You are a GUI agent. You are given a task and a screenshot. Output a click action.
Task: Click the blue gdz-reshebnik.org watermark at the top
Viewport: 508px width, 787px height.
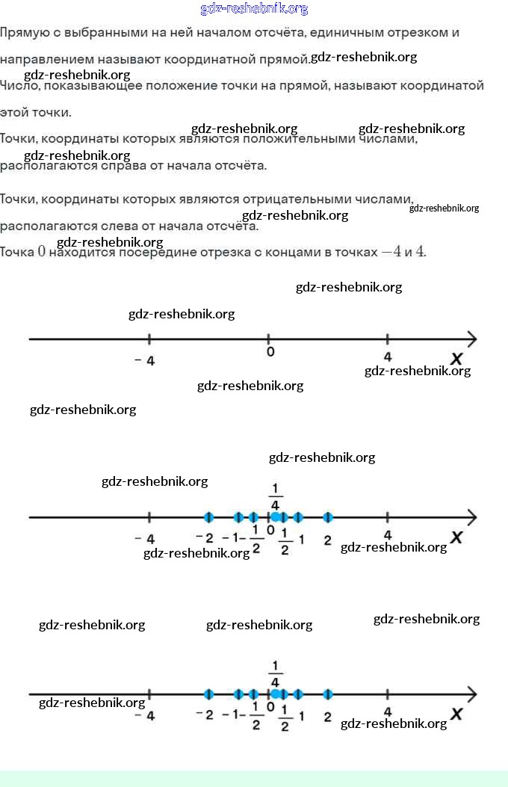pyautogui.click(x=254, y=9)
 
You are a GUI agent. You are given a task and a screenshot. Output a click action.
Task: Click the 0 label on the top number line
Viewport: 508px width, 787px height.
pyautogui.click(x=270, y=352)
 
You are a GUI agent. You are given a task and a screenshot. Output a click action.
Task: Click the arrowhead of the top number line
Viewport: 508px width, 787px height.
pyautogui.click(x=471, y=339)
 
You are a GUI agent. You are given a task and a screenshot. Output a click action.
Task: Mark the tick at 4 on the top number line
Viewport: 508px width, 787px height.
pyautogui.click(x=387, y=339)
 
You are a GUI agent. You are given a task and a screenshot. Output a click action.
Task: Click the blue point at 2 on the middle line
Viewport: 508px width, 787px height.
pyautogui.click(x=327, y=517)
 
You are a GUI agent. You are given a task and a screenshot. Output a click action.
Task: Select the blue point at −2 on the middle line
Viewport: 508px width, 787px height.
pyautogui.click(x=208, y=517)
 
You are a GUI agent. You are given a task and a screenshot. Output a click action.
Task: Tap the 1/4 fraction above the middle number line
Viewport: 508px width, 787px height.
pyautogui.click(x=275, y=497)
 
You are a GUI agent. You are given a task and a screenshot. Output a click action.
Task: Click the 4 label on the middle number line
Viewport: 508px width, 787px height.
pyautogui.click(x=387, y=534)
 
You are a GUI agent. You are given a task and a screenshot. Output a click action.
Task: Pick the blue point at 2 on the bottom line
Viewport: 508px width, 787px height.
pyautogui.click(x=327, y=694)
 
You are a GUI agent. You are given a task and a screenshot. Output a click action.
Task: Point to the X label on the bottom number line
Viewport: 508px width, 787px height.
pyautogui.click(x=456, y=715)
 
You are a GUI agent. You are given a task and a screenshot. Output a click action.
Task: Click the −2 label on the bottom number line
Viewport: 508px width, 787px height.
pyautogui.click(x=204, y=715)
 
